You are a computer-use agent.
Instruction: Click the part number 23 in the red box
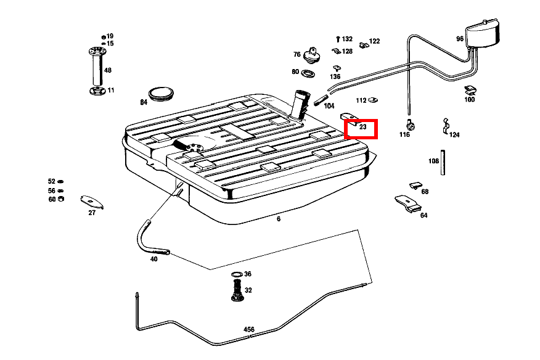click(362, 126)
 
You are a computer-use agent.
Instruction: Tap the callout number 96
click(460, 38)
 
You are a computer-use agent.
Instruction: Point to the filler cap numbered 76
click(314, 56)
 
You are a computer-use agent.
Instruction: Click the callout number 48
click(108, 70)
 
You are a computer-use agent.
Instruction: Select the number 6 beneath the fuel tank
click(279, 218)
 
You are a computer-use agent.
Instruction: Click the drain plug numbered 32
click(236, 290)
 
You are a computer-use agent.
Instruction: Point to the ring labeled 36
click(237, 274)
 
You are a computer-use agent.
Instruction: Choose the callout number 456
click(249, 330)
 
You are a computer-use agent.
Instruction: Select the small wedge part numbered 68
click(415, 185)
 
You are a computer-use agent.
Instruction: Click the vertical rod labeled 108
click(443, 162)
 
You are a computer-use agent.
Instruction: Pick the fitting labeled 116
click(409, 125)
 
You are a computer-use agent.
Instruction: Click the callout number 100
click(470, 99)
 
